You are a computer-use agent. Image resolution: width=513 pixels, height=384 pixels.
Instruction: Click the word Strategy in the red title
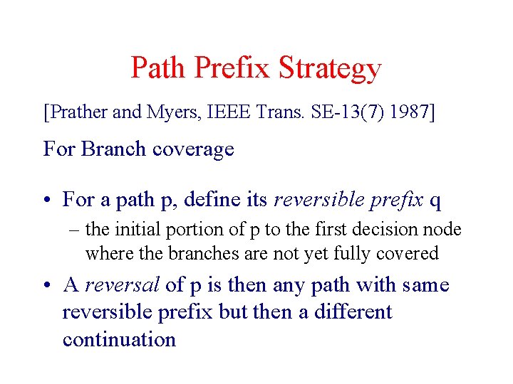330,69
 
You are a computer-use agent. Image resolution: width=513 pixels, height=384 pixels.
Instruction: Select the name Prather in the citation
76,112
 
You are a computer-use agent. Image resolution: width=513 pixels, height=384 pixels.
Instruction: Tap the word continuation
119,339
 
